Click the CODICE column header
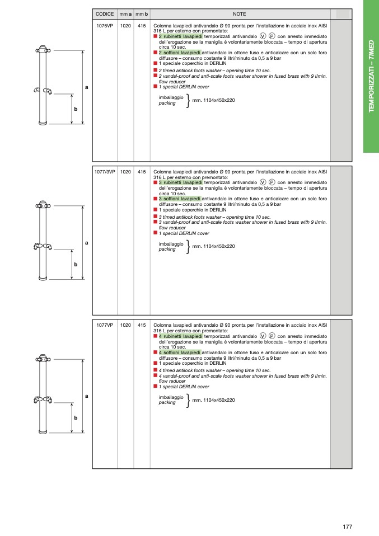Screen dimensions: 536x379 [105, 14]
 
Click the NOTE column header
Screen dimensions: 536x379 [240, 14]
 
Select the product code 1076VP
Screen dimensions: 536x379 [105, 26]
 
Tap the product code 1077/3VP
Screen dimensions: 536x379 [105, 172]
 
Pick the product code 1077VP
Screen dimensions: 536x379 [105, 325]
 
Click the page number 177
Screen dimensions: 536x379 [347, 526]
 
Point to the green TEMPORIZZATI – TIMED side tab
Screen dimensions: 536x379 [371, 76]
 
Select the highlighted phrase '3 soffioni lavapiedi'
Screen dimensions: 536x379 [179, 198]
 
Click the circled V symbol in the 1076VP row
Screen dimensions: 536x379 [263, 36]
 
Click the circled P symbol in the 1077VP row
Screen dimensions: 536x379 [272, 336]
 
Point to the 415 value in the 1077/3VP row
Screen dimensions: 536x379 [142, 172]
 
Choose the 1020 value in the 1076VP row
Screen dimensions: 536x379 [126, 26]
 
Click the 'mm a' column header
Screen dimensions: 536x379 [126, 14]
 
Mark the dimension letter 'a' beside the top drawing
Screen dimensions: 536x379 [87, 87]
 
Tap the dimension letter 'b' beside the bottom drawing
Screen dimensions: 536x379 [76, 418]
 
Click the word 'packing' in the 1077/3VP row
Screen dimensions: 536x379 [167, 249]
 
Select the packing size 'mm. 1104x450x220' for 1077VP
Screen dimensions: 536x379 [213, 400]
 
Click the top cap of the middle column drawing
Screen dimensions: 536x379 [43, 203]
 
